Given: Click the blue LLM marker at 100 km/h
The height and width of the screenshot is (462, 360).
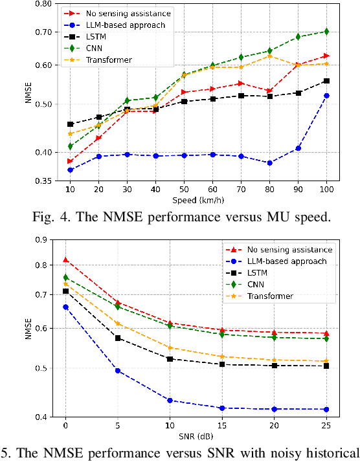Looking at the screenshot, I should [326, 95].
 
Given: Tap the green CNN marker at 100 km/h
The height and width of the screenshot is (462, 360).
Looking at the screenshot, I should [326, 31].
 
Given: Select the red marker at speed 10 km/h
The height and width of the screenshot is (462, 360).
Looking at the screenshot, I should [70, 161].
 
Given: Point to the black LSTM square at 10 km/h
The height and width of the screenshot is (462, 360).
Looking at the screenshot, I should [70, 124].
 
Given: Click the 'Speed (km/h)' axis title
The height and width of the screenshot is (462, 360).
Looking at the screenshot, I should [197, 201].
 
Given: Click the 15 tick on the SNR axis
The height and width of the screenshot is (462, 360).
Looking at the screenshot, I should [221, 426].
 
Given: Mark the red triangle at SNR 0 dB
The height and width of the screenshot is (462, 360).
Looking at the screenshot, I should [65, 259].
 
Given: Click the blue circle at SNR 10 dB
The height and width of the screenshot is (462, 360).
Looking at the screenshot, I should [170, 401].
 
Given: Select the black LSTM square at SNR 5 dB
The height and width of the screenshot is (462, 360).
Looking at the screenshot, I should [118, 338].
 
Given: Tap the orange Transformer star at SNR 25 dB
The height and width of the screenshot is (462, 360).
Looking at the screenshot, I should [326, 361].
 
